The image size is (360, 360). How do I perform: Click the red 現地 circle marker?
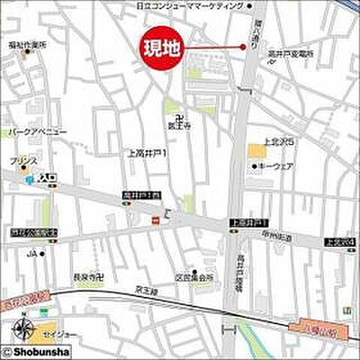pos(161,50)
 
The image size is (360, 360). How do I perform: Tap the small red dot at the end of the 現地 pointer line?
pos(243,47)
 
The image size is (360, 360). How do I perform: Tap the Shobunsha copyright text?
pos(34,350)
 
